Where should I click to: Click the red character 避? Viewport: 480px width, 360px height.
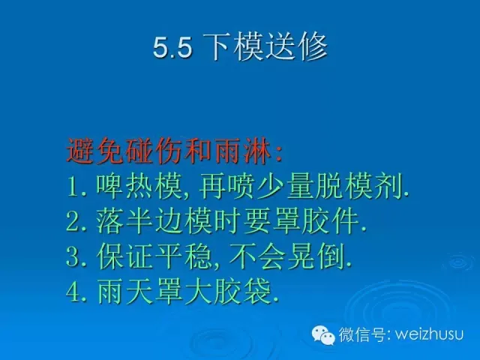point(80,151)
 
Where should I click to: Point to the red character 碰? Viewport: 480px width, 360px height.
point(139,151)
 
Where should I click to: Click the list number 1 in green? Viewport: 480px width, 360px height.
point(72,187)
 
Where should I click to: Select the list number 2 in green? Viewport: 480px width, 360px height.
point(72,223)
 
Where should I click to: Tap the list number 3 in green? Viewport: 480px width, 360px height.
point(72,258)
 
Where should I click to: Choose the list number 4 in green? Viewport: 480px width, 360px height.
point(73,293)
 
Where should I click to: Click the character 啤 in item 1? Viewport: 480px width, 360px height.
point(109,187)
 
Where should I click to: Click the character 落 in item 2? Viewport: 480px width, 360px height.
point(109,222)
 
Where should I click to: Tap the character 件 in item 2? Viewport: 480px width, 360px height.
point(345,222)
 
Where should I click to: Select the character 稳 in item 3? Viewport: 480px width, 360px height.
point(198,257)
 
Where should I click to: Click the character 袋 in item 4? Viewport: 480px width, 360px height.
point(257,292)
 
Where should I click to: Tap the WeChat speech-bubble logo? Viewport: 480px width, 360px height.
point(323,335)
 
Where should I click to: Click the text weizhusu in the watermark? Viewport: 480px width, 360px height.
point(429,334)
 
